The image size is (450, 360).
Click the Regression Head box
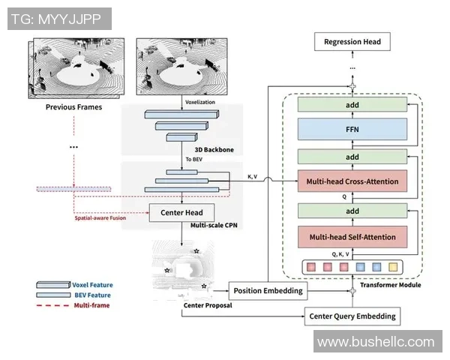pos(352,42)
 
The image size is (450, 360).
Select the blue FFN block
pos(352,129)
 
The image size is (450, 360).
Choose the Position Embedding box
pos(267,290)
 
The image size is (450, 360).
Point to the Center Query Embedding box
pos(352,316)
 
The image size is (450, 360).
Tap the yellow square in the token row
pos(394,265)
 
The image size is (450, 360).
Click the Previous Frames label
pos(73,106)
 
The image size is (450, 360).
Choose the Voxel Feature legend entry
pos(92,285)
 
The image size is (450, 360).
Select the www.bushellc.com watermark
pos(375,342)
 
